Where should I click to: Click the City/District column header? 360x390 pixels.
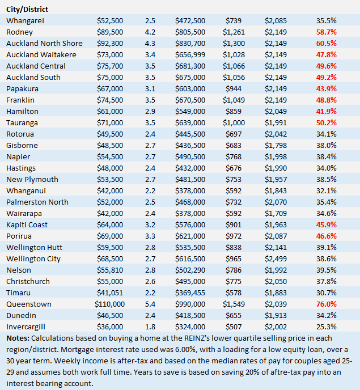point(27,9)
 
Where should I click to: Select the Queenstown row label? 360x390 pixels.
point(29,304)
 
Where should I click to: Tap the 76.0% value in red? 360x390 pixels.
point(327,304)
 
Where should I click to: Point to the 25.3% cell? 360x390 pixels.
point(327,327)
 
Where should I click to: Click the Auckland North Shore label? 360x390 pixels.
point(44,43)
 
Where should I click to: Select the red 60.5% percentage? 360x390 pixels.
point(327,43)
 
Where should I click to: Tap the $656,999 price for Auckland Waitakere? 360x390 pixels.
point(190,54)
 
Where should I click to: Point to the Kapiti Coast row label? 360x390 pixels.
point(28,224)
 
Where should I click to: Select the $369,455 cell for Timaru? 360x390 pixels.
point(190,292)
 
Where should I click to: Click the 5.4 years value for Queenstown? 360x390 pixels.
point(150,304)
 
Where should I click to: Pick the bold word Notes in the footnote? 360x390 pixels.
point(18,338)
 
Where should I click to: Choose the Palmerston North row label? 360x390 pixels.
point(37,202)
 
